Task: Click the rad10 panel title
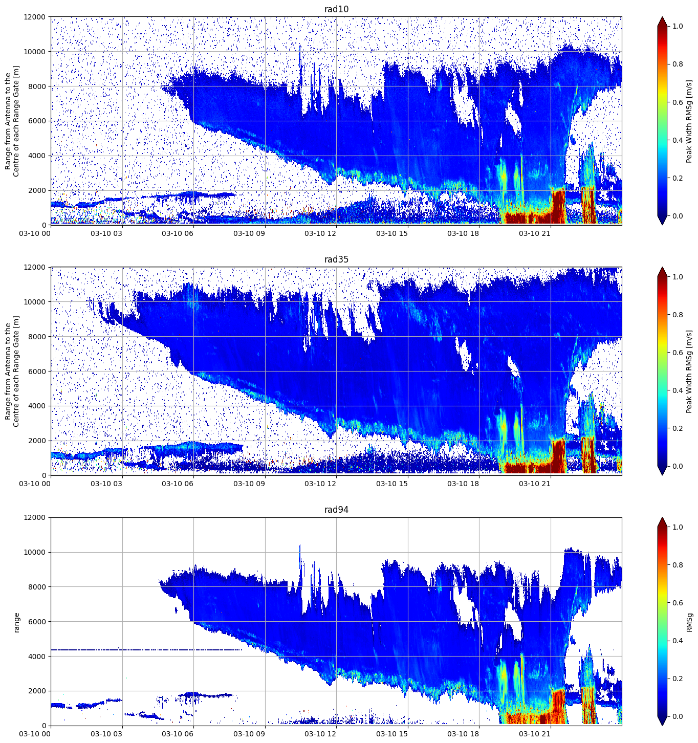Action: [x=336, y=9]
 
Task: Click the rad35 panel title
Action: [x=336, y=259]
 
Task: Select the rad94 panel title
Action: [x=336, y=510]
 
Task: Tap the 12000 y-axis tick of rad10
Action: [x=34, y=17]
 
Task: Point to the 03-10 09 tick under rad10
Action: [x=249, y=233]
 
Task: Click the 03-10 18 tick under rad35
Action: [x=463, y=484]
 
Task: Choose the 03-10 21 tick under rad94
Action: [x=534, y=734]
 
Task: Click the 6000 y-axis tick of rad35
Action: [x=37, y=371]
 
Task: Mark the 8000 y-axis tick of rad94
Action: [x=37, y=587]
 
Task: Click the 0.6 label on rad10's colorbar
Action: [x=678, y=102]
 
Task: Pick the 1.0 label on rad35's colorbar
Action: [x=678, y=277]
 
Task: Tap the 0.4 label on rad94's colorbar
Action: [x=678, y=641]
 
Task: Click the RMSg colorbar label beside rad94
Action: [x=689, y=622]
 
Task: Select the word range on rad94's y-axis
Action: [x=16, y=622]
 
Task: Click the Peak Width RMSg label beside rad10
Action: [x=689, y=121]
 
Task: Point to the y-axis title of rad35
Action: [x=12, y=371]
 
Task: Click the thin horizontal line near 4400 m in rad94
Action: [x=146, y=650]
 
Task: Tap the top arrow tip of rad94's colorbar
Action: [x=662, y=517]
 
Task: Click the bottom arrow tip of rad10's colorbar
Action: [x=662, y=225]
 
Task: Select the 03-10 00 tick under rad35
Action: [x=35, y=484]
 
